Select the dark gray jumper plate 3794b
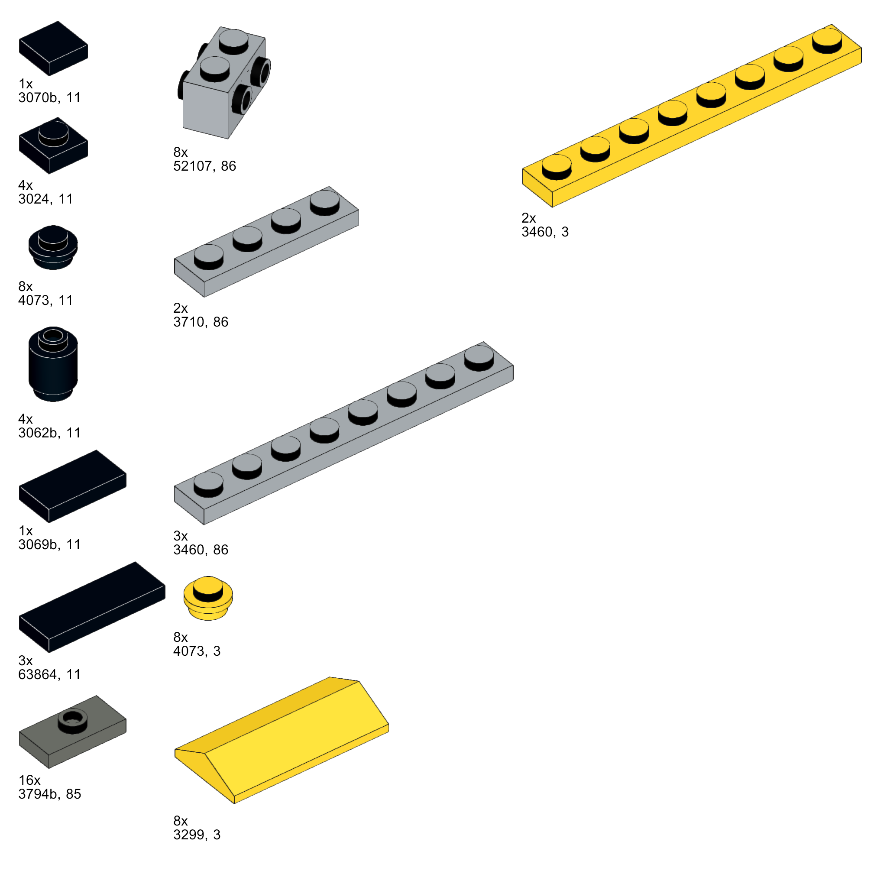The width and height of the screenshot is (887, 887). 72,732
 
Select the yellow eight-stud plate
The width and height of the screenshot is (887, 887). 691,115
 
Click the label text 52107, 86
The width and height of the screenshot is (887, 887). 204,166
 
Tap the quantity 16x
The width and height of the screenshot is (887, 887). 29,780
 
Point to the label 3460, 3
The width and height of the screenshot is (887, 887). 544,232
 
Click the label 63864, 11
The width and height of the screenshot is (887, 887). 49,674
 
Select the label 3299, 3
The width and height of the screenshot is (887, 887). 197,834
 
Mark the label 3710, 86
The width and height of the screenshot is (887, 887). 201,322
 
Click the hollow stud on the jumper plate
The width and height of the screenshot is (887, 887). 72,717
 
